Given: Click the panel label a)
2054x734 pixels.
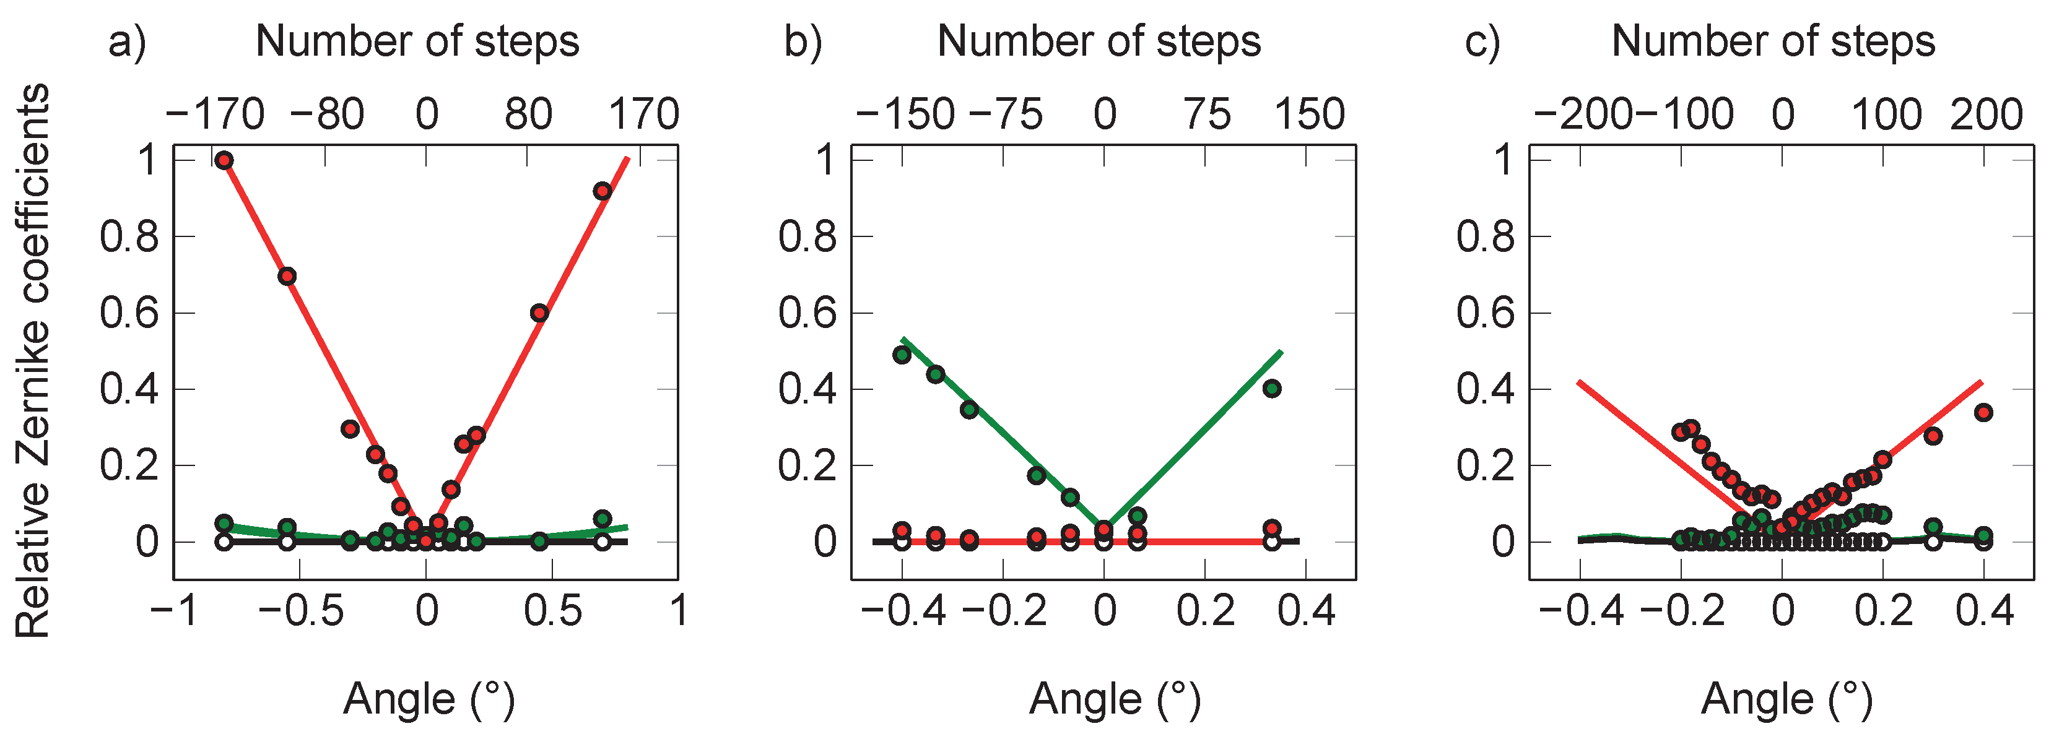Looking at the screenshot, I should pyautogui.click(x=128, y=41).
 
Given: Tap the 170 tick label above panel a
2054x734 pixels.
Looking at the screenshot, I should pyautogui.click(x=643, y=114).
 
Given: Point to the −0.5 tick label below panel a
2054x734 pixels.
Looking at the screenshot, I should pyautogui.click(x=300, y=611).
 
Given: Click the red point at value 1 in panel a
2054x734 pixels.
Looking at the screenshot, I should pyautogui.click(x=224, y=160).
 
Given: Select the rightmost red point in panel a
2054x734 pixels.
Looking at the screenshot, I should pyautogui.click(x=602, y=191).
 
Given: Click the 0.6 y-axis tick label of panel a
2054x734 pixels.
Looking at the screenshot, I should pyautogui.click(x=129, y=313).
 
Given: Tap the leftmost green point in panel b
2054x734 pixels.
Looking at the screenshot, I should pyautogui.click(x=902, y=355).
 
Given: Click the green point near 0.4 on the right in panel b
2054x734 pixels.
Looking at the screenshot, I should pyautogui.click(x=1272, y=389).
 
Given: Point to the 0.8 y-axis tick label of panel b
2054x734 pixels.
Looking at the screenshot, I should pyautogui.click(x=807, y=236).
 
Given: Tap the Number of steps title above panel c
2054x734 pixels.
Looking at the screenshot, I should pyautogui.click(x=1773, y=41).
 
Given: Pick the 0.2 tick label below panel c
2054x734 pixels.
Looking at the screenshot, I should pyautogui.click(x=1883, y=611).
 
